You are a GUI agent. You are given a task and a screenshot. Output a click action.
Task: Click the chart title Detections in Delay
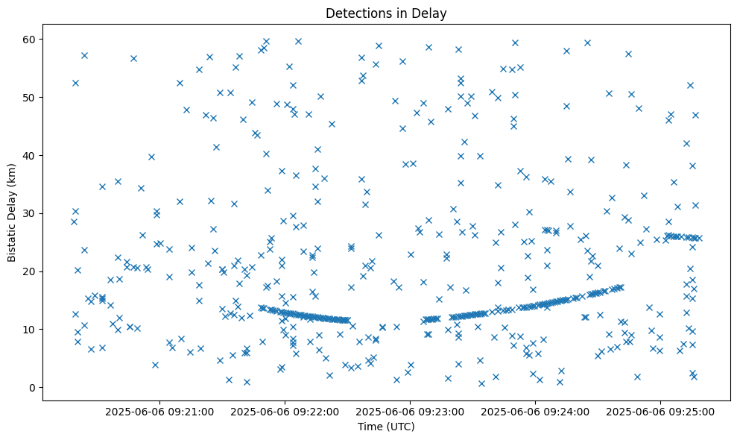click(x=386, y=13)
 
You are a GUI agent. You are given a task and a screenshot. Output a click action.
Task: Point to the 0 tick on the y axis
click(x=33, y=387)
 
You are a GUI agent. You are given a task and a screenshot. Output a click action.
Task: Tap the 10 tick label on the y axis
click(x=30, y=330)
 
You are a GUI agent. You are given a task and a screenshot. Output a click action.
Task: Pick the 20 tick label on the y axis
click(x=30, y=271)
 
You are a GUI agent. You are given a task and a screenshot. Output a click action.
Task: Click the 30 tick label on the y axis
click(x=30, y=213)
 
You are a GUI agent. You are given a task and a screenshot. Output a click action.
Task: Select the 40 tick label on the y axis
click(x=30, y=155)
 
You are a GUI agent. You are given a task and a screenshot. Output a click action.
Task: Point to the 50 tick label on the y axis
click(x=30, y=97)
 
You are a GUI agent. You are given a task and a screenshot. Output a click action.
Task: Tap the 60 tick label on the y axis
click(x=30, y=39)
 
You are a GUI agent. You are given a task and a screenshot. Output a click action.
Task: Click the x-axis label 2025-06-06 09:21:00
click(x=159, y=411)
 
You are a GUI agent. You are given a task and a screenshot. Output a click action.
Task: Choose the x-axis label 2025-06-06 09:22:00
click(x=285, y=411)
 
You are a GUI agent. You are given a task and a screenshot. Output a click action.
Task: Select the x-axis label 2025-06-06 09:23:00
click(x=410, y=411)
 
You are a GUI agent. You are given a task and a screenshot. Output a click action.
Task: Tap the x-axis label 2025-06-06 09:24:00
click(x=535, y=411)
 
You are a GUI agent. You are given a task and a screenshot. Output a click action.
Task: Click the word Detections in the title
click(x=355, y=13)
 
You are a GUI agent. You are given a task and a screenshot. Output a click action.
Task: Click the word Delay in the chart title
click(x=431, y=13)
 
